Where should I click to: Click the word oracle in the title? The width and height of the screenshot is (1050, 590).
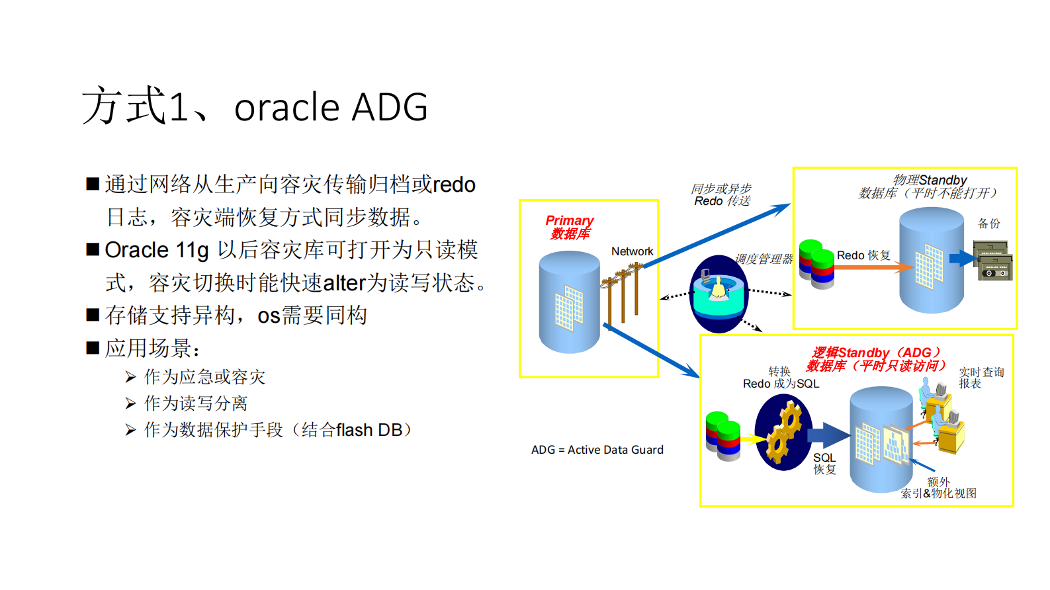pyautogui.click(x=286, y=108)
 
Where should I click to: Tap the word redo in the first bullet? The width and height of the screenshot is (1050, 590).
pyautogui.click(x=454, y=185)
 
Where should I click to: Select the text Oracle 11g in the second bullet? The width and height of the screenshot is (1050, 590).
pyautogui.click(x=157, y=250)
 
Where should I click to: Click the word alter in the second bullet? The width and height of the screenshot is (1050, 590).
pyautogui.click(x=344, y=283)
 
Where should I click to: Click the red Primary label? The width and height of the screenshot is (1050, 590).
pyautogui.click(x=569, y=220)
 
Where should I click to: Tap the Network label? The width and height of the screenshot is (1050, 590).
pyautogui.click(x=632, y=251)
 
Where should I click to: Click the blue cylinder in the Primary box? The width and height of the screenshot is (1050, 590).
pyautogui.click(x=569, y=302)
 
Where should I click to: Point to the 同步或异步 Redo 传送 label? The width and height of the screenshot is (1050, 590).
pyautogui.click(x=721, y=195)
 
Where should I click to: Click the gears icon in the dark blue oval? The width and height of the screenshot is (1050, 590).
pyautogui.click(x=784, y=433)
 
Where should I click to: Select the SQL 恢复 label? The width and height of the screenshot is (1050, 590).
pyautogui.click(x=824, y=463)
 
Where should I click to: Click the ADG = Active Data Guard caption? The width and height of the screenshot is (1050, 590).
pyautogui.click(x=597, y=450)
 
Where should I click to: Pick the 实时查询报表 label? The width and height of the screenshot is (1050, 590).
pyautogui.click(x=981, y=378)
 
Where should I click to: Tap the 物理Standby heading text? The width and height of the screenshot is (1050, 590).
pyautogui.click(x=930, y=180)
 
